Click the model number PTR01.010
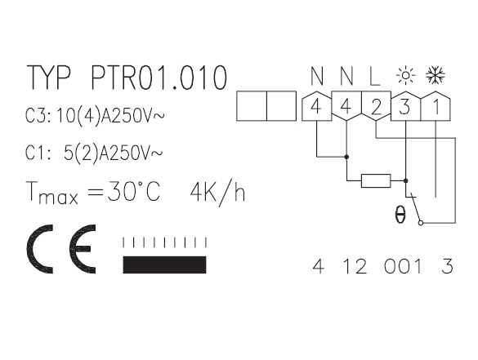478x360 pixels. (159, 78)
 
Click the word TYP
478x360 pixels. (48, 78)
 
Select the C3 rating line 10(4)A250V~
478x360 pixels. (110, 116)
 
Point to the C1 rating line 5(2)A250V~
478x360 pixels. (113, 153)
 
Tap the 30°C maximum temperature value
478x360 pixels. (133, 192)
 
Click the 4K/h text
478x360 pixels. (217, 192)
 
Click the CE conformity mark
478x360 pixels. (61, 249)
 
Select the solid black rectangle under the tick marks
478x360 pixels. (164, 264)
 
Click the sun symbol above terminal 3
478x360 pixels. (405, 75)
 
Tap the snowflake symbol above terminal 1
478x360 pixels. (436, 75)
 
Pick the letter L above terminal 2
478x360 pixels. (374, 76)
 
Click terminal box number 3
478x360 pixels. (405, 106)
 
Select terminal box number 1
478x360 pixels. (436, 106)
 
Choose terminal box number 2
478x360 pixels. (376, 106)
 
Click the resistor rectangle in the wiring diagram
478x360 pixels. (376, 180)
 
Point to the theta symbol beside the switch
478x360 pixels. (400, 215)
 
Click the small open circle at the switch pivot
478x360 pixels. (421, 223)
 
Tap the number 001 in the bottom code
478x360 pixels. (403, 266)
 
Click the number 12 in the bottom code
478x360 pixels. (355, 266)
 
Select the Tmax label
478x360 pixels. (52, 193)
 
